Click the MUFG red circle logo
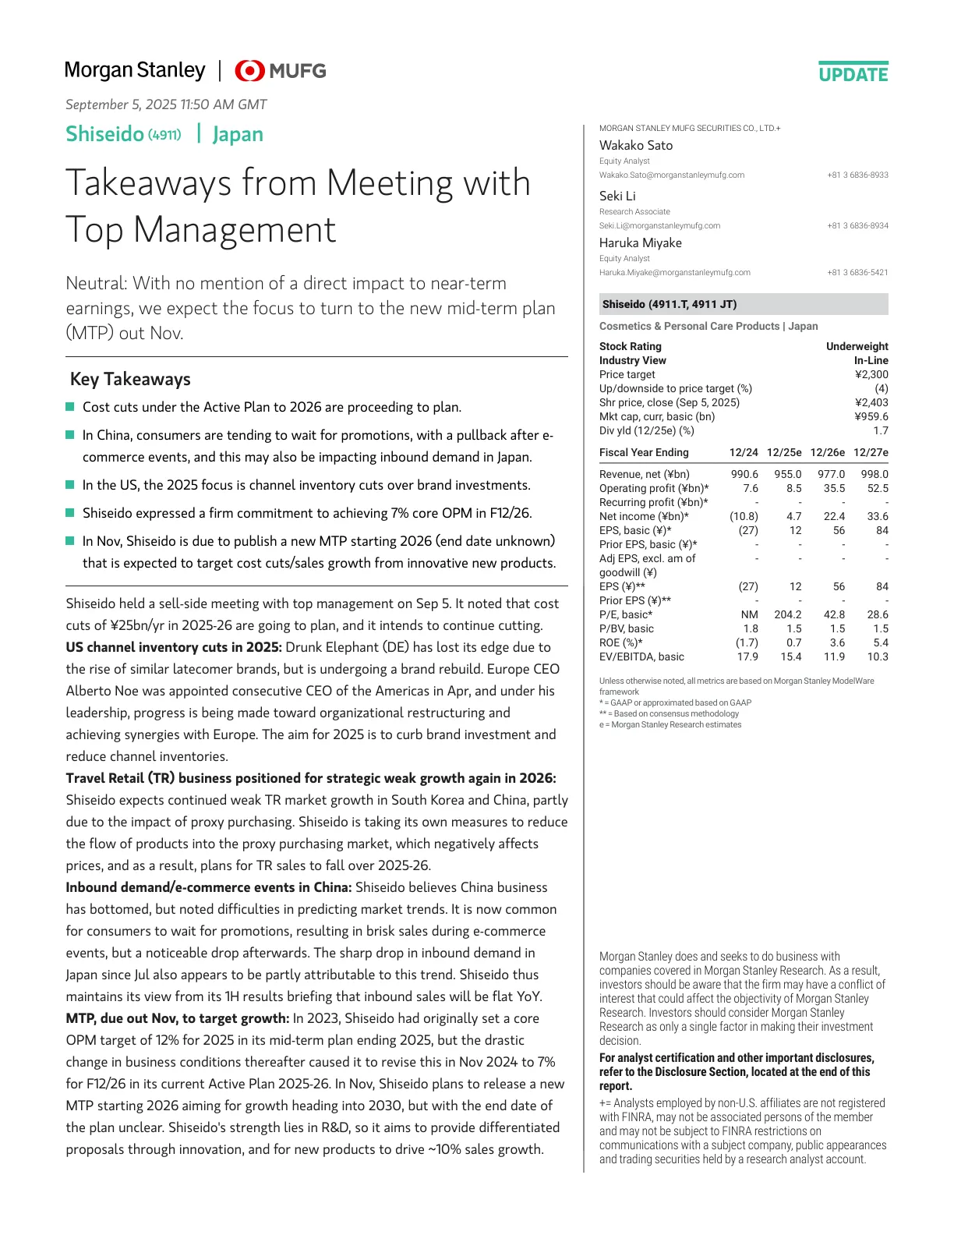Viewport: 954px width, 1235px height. pos(249,71)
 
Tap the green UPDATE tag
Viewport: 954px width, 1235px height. pos(853,75)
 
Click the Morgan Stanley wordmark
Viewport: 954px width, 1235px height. pos(135,70)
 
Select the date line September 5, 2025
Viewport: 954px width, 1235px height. pos(166,104)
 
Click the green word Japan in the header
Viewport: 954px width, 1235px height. pos(238,134)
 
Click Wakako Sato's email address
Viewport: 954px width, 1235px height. pos(671,175)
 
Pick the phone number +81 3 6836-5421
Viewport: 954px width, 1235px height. pos(857,273)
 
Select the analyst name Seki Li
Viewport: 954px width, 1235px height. pos(617,196)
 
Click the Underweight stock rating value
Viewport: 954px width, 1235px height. pos(857,346)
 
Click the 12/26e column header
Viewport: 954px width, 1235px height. pos(827,452)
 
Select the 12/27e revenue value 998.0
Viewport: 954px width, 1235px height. pos(874,474)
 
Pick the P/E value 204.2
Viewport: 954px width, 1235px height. pos(787,614)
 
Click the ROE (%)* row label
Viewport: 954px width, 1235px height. pos(620,642)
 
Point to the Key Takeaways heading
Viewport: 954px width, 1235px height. pos(130,379)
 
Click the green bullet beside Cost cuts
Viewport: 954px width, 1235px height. pos(70,407)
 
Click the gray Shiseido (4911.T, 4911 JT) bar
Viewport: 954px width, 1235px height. pos(743,304)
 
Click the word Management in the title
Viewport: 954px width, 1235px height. pos(235,229)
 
